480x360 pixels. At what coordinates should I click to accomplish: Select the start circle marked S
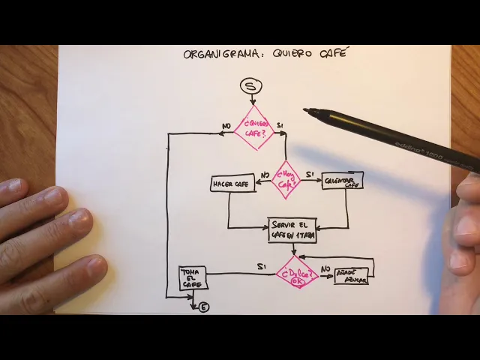251,87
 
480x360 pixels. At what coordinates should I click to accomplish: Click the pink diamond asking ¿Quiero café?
254,128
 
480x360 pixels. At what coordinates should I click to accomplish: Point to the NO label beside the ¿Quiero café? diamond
226,125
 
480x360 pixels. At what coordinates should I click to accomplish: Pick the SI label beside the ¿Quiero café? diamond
280,124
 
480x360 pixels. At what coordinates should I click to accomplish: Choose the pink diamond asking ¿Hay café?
286,179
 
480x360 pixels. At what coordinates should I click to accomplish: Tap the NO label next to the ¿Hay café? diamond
265,175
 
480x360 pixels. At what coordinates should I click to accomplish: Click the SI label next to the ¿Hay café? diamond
309,174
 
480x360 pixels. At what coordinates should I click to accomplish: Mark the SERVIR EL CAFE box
292,230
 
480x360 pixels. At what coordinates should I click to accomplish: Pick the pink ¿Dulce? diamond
297,273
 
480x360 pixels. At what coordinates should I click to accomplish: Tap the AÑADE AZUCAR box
351,275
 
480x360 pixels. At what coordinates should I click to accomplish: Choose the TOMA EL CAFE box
193,279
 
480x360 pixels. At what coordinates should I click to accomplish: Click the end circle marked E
204,307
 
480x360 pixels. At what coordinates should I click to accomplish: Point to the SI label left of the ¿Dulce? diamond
261,267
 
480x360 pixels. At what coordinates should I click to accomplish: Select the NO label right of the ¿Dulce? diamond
325,268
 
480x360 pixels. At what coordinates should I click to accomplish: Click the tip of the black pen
306,111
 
